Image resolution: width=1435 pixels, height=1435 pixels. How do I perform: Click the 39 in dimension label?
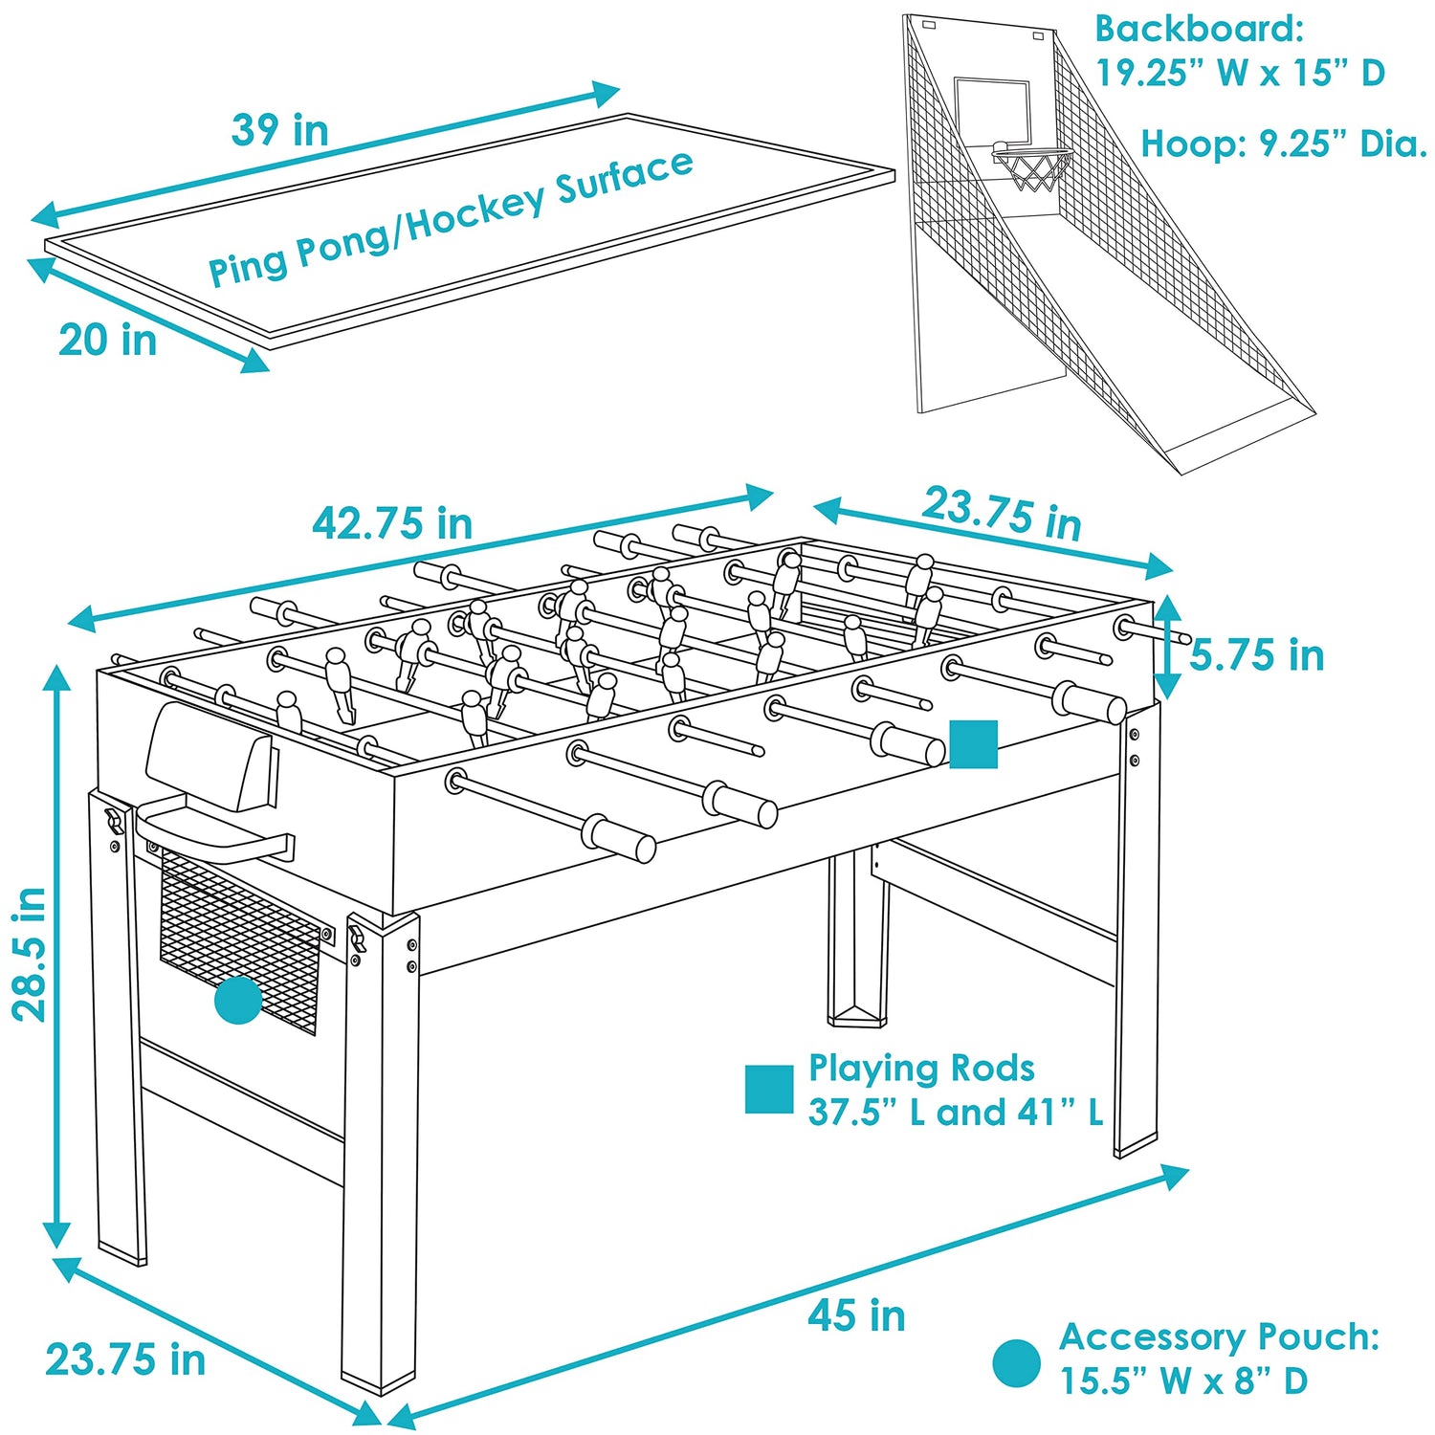coord(280,130)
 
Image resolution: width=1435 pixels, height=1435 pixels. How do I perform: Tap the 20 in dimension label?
coord(108,341)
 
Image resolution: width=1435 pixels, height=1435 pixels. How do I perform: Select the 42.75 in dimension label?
coord(392,523)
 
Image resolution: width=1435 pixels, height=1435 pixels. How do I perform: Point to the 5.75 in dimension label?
coord(1257,655)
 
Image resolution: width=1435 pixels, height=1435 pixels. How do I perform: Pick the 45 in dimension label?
coord(856,1316)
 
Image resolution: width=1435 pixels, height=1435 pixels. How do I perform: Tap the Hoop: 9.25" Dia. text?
coord(1284,144)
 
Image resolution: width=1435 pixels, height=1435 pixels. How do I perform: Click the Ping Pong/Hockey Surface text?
coord(451,218)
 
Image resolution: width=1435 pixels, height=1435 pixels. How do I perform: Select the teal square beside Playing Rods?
coord(769,1090)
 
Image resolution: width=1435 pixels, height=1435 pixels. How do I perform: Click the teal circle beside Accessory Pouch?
coord(1016,1363)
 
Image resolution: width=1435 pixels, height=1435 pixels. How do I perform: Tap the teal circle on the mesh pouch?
coord(238,1000)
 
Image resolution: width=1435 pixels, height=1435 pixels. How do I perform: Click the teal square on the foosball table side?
coord(973,744)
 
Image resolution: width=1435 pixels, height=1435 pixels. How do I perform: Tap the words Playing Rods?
coord(921,1068)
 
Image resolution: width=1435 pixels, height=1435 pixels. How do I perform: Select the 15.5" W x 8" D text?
coord(1183,1380)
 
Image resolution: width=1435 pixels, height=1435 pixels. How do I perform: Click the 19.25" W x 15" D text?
coord(1240,73)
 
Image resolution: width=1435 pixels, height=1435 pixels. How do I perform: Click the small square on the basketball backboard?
coord(992,113)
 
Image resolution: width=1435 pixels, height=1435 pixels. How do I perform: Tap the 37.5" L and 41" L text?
coord(956,1112)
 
